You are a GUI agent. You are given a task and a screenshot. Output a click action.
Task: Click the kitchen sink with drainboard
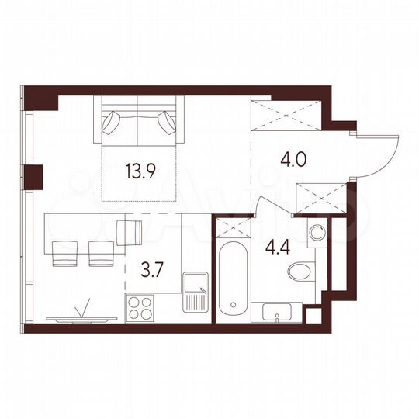194,296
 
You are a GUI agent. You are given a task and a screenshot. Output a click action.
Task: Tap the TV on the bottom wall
81,317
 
